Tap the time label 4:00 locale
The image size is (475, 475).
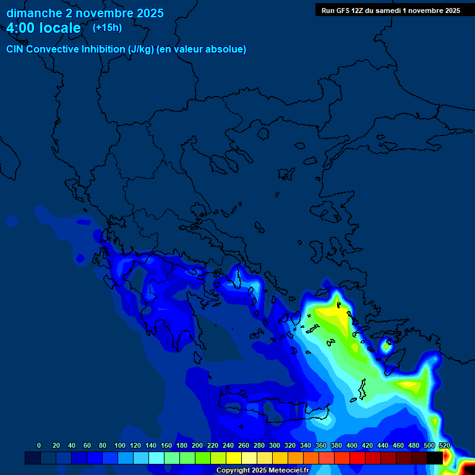tap(43, 28)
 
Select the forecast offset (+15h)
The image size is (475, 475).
tap(107, 28)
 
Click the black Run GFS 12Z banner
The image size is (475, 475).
tap(390, 11)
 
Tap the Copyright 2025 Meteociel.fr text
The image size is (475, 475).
tap(262, 471)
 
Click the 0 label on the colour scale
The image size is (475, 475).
tap(39, 445)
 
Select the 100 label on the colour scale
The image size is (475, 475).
tap(119, 445)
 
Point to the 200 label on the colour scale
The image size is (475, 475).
tap(197, 445)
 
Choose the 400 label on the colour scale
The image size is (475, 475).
tap(351, 445)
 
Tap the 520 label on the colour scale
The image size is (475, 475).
tap(444, 445)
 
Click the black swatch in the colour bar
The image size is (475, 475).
tap(435, 458)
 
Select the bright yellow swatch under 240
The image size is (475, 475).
tap(234, 458)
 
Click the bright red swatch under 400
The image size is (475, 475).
tap(357, 458)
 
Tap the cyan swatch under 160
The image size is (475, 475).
tap(172, 458)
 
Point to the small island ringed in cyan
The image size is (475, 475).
tap(386, 346)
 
